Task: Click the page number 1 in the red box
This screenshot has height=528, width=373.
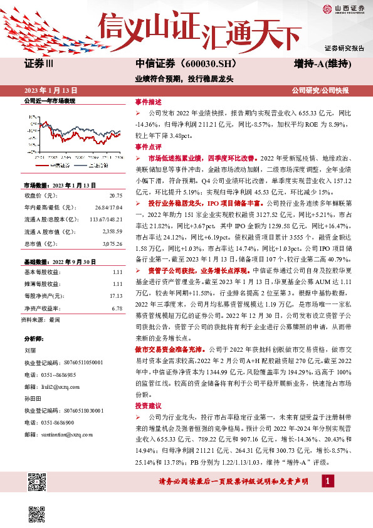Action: [x=327, y=481]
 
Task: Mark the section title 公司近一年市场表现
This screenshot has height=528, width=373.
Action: [x=50, y=100]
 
